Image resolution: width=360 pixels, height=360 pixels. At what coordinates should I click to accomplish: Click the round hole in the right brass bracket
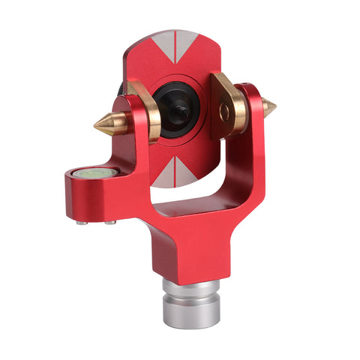[x=223, y=112]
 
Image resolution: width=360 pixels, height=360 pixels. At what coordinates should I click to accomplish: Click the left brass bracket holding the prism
[x=145, y=112]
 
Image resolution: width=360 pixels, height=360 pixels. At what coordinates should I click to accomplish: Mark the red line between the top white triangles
[x=176, y=46]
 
